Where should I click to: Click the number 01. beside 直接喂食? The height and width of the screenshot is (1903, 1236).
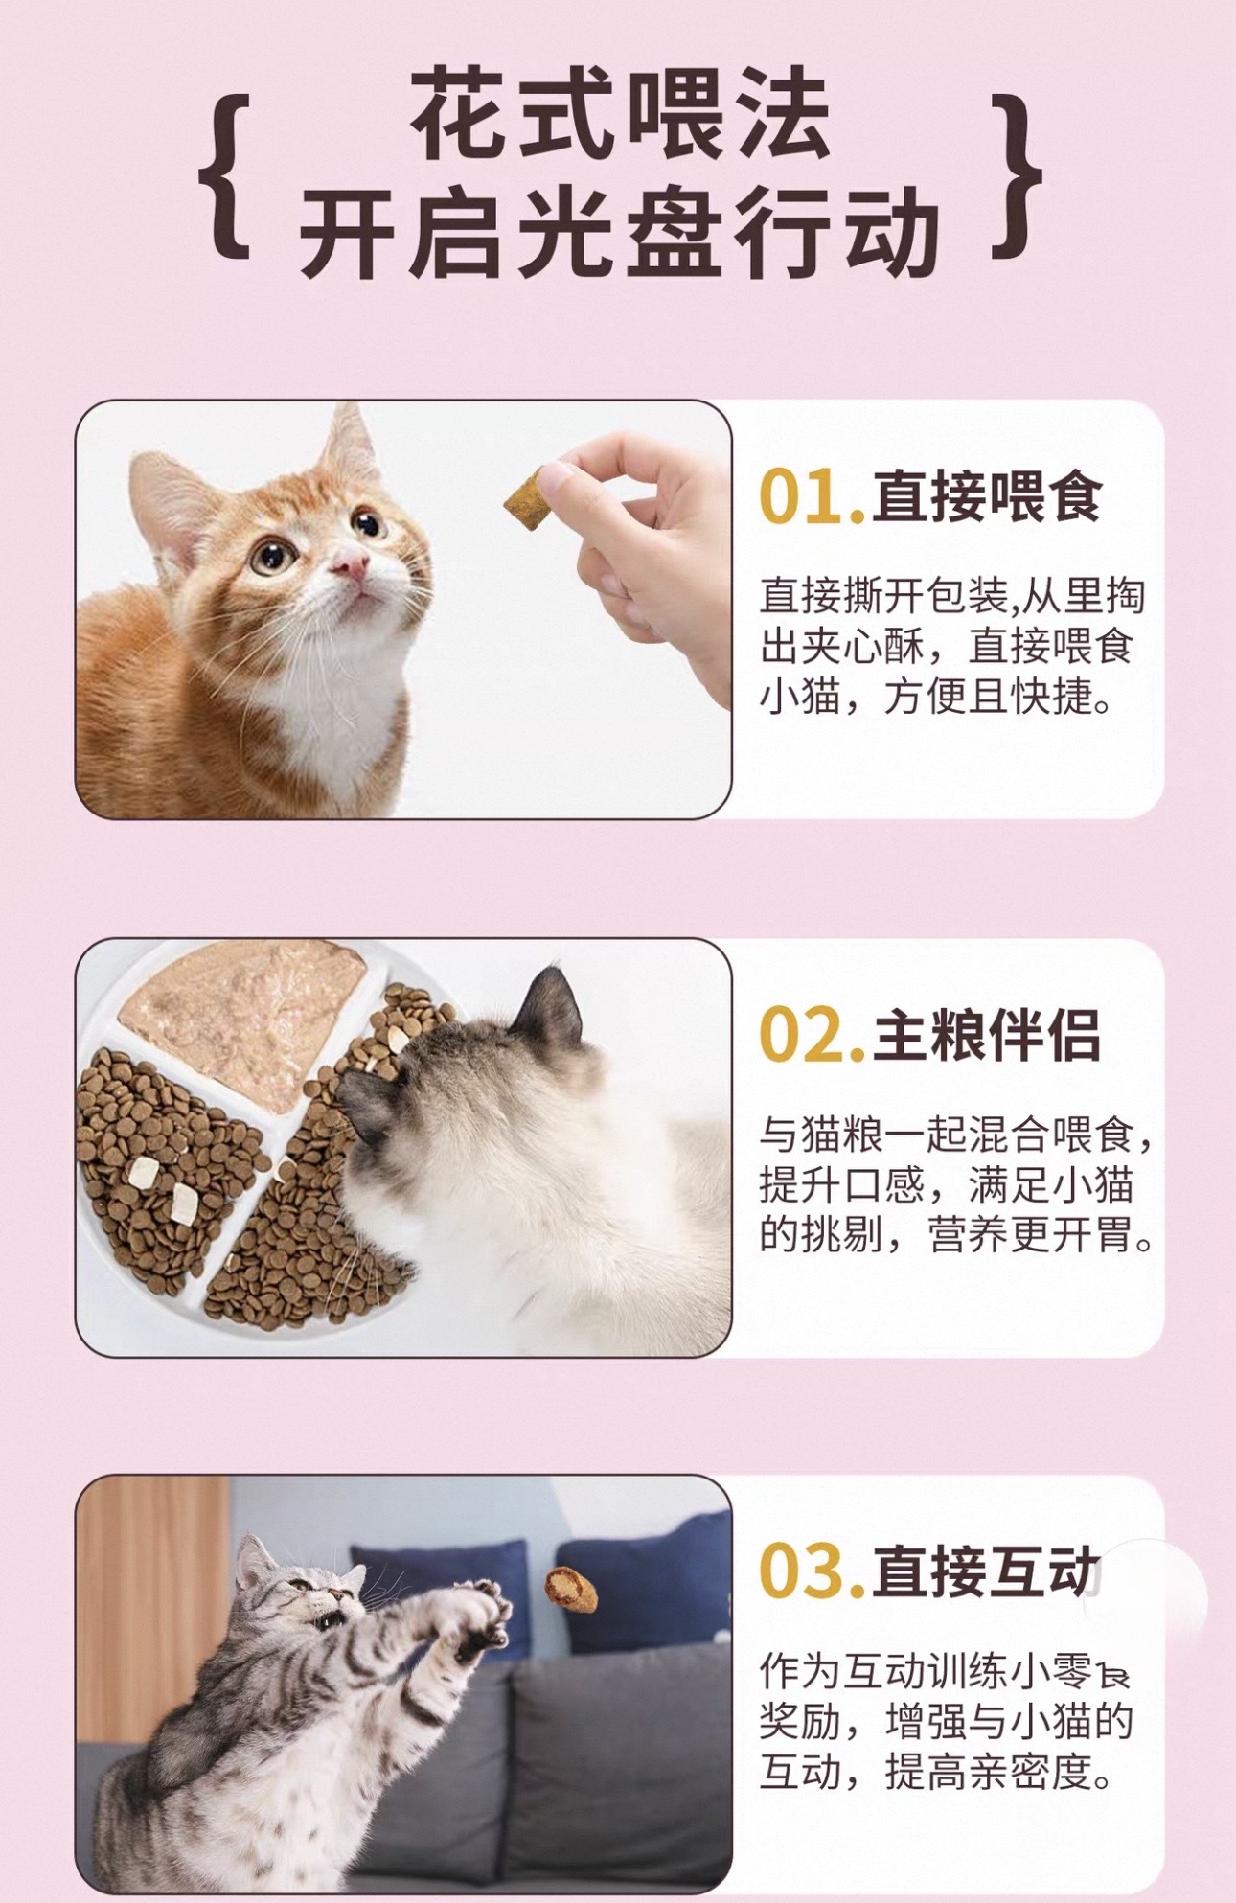click(x=812, y=497)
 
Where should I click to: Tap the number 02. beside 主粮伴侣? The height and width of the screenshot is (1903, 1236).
click(x=812, y=1036)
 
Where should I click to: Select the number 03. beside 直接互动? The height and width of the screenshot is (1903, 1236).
click(x=812, y=1572)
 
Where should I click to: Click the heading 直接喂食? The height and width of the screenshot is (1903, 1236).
click(x=987, y=496)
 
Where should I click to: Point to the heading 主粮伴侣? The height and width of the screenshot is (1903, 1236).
click(x=987, y=1035)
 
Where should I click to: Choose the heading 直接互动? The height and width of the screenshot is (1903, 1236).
click(x=987, y=1571)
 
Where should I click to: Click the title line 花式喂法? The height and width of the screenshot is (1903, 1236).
click(x=620, y=115)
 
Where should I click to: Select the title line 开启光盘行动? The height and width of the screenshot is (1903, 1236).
click(x=620, y=232)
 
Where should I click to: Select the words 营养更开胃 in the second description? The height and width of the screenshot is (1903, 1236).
click(x=1029, y=1235)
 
